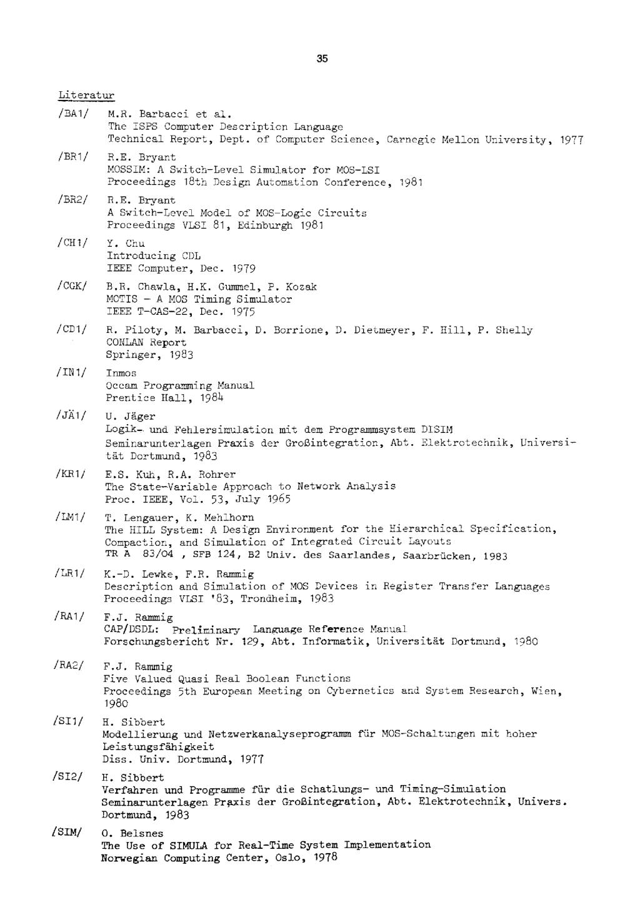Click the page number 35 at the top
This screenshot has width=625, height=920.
[x=322, y=59]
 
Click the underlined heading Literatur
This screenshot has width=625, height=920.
[x=84, y=95]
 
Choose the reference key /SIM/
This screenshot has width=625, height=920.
[x=69, y=833]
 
